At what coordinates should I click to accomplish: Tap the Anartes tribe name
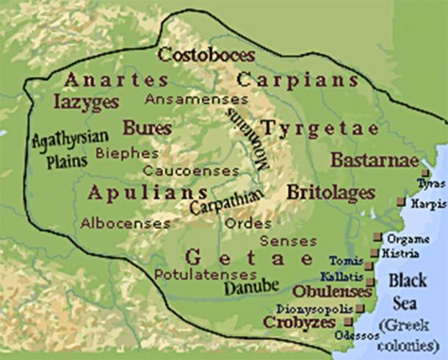[x=116, y=79]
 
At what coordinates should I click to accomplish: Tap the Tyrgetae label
[x=322, y=128]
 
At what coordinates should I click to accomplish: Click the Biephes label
[x=127, y=153]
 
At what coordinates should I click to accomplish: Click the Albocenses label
[x=118, y=221]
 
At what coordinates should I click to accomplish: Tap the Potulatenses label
[x=194, y=273]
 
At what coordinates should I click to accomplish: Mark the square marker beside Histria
[x=375, y=253]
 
